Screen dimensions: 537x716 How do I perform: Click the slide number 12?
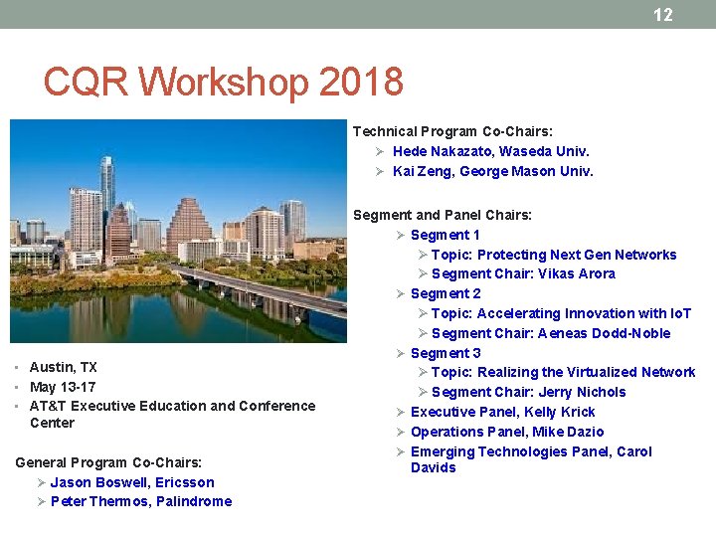(x=662, y=15)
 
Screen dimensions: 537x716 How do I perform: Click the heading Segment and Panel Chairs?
(x=443, y=215)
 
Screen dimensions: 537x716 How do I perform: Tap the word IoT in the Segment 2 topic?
(x=680, y=313)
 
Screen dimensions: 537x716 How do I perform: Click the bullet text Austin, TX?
(x=64, y=367)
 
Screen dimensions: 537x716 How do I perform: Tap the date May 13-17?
(x=63, y=387)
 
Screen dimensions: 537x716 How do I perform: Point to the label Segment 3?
(x=446, y=353)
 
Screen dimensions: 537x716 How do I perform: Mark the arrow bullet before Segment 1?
(x=401, y=235)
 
